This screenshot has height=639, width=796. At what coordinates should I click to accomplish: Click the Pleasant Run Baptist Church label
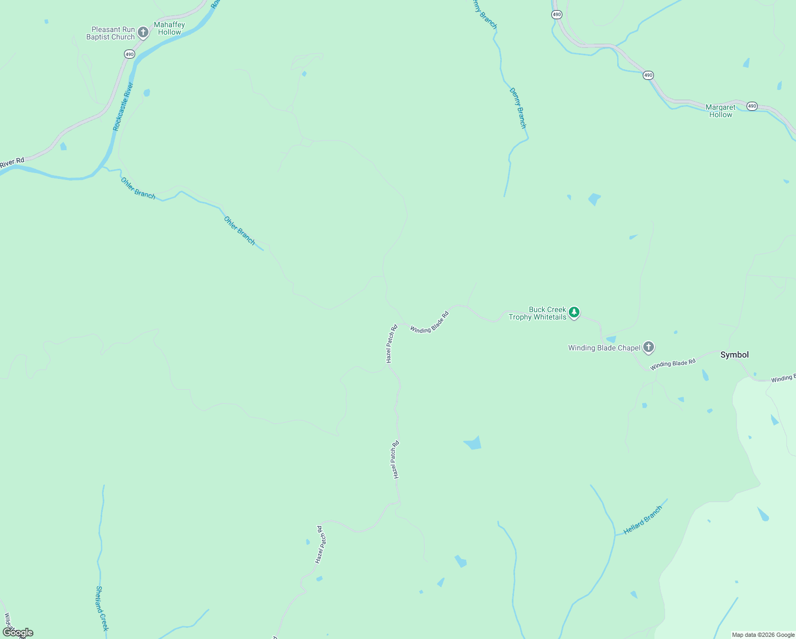[111, 34]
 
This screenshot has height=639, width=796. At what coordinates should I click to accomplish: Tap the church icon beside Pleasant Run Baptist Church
[143, 33]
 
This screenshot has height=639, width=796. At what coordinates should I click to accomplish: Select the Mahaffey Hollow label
[169, 28]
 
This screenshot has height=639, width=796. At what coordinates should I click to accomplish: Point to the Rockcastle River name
[123, 106]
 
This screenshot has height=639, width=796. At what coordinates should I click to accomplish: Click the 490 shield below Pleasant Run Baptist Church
[129, 54]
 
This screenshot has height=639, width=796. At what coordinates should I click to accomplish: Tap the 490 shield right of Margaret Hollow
[751, 106]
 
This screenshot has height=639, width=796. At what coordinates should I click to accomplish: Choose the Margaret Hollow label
[720, 111]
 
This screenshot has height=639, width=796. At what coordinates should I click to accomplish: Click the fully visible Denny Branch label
[518, 108]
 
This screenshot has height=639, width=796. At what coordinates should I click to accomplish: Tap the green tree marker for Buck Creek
[574, 313]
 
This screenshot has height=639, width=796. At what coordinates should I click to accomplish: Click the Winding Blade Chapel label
[604, 348]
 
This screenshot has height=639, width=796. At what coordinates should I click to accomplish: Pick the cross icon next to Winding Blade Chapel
[648, 348]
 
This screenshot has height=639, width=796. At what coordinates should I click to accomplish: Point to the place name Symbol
[734, 355]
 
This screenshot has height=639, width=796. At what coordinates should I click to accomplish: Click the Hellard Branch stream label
[643, 520]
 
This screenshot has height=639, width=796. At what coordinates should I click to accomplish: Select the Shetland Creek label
[102, 608]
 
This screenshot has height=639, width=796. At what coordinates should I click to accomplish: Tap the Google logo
[18, 633]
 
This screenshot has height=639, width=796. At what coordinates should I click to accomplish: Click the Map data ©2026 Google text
[763, 635]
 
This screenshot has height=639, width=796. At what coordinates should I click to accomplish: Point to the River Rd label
[12, 163]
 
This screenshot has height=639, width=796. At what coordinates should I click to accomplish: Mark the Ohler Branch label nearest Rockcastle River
[138, 188]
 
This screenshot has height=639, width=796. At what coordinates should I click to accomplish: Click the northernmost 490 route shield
[557, 15]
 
